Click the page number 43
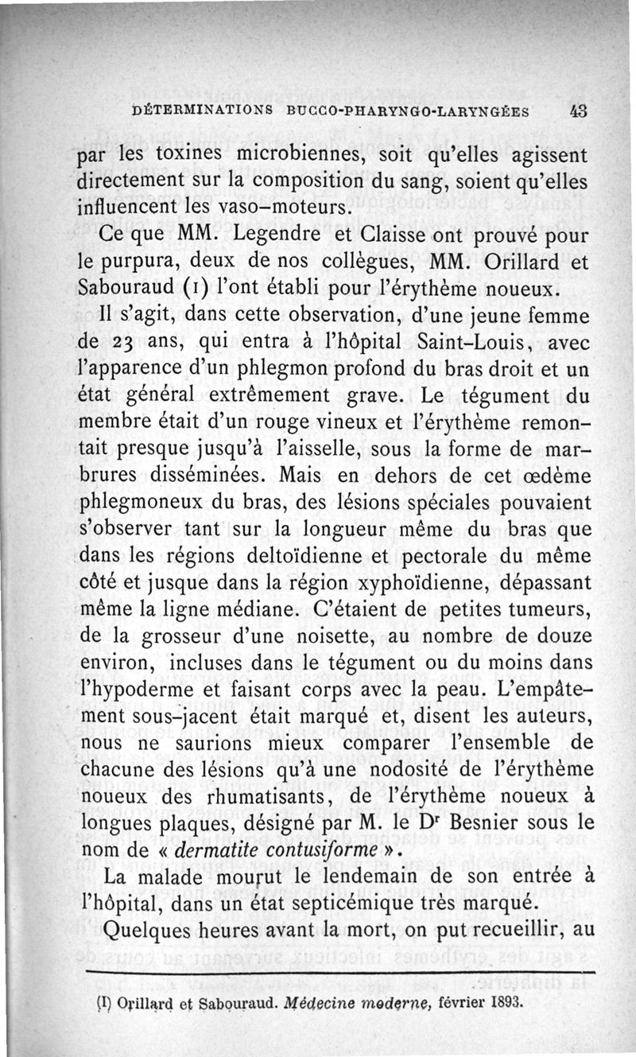click(578, 111)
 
